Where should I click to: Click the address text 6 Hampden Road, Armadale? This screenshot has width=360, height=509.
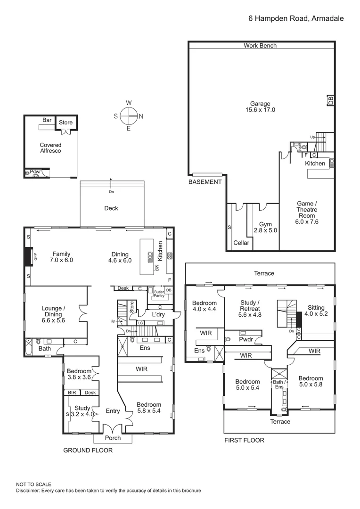coord(296,18)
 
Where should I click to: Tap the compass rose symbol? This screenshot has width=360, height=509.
coord(129,115)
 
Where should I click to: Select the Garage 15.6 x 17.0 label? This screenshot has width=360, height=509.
coord(260,107)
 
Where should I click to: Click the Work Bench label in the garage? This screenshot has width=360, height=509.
coord(260,46)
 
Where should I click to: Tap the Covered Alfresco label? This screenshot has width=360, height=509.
coord(50,148)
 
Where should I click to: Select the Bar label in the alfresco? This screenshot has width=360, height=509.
coord(47,120)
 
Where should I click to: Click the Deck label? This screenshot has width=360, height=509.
coord(111,208)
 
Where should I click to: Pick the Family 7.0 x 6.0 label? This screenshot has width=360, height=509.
coord(62,257)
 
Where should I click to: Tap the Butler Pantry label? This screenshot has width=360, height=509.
coord(158,295)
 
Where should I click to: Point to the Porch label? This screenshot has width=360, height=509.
coord(113,438)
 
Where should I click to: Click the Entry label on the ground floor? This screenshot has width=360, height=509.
coord(113,411)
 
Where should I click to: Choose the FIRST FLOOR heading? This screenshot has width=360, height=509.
coord(244,440)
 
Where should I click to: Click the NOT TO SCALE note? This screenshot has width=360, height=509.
coord(33,484)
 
